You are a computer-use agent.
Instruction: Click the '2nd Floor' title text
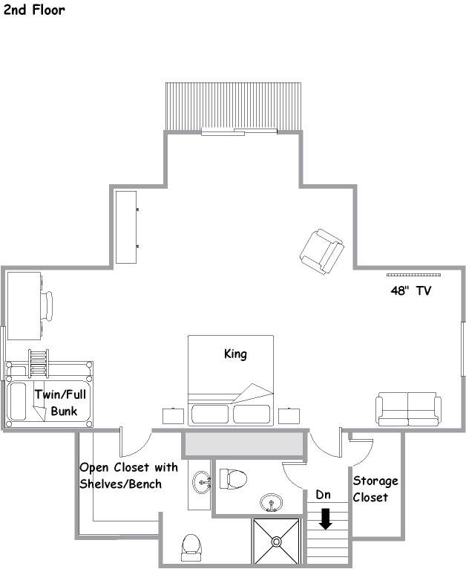34,10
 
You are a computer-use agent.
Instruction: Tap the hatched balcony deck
233,106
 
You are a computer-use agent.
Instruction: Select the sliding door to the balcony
239,131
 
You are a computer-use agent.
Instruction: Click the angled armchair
322,251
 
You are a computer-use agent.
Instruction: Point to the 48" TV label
411,290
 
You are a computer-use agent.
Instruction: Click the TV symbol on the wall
413,275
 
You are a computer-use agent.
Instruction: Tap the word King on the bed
235,354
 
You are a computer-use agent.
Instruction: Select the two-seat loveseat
408,409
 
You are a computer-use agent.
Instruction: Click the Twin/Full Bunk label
61,403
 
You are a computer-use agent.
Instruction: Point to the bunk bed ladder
39,363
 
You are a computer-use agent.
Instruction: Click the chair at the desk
47,307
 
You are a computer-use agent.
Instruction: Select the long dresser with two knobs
126,227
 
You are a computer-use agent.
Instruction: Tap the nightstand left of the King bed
173,416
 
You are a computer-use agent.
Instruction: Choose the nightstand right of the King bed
289,416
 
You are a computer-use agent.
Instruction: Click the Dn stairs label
323,495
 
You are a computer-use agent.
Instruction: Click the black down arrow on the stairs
326,519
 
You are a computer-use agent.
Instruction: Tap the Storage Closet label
375,489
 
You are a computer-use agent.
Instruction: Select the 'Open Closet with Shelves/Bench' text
128,475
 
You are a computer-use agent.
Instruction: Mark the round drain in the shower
277,542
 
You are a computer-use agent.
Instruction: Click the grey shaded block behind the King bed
243,443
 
